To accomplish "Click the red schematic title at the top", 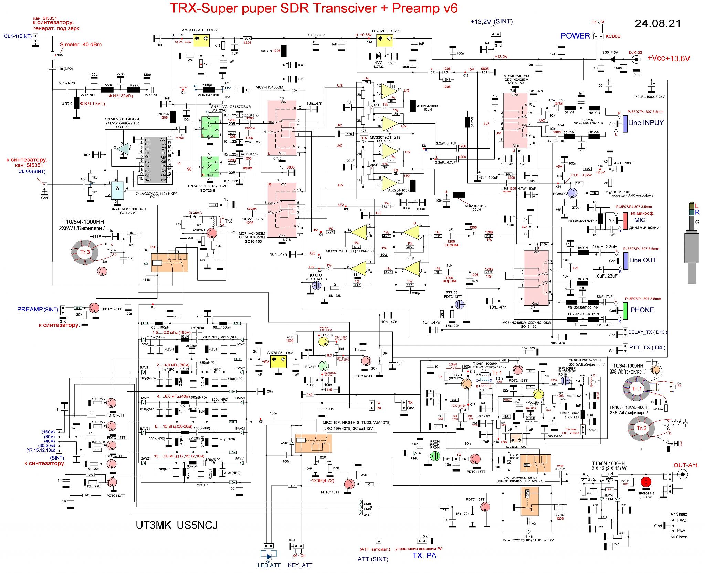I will [x=314, y=8].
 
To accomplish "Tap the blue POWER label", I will [x=575, y=36].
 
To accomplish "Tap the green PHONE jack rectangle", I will [x=625, y=310].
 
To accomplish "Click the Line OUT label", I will [x=642, y=260].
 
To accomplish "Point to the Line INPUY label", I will [x=646, y=122].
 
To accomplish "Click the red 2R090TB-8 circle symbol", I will [x=646, y=481].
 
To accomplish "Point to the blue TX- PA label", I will [x=424, y=555].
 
